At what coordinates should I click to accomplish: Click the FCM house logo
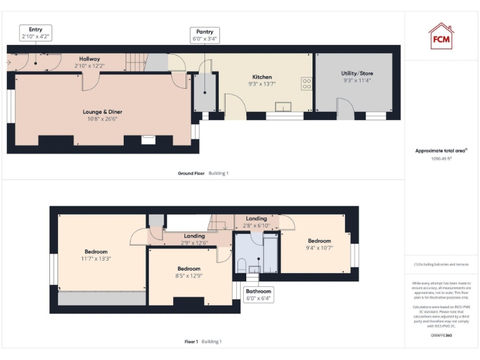pos(441,36)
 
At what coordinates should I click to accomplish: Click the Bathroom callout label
pos(258,294)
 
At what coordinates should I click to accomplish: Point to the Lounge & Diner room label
pos(102,112)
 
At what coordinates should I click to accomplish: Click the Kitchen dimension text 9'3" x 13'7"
pos(261,83)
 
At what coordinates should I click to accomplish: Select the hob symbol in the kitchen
pos(307,82)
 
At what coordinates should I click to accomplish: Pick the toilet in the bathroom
pos(241,264)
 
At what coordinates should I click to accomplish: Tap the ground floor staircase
pos(136,61)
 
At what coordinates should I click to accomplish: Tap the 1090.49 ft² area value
pos(441,158)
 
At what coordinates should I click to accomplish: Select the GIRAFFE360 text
pos(441,336)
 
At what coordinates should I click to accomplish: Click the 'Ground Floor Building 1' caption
pos(203,173)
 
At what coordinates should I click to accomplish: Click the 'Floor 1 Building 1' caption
pos(203,342)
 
